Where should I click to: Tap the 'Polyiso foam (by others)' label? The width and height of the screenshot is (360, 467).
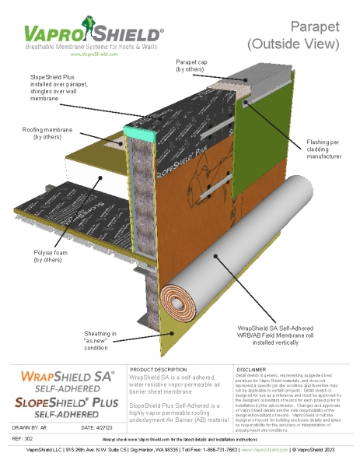click(x=51, y=255)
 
